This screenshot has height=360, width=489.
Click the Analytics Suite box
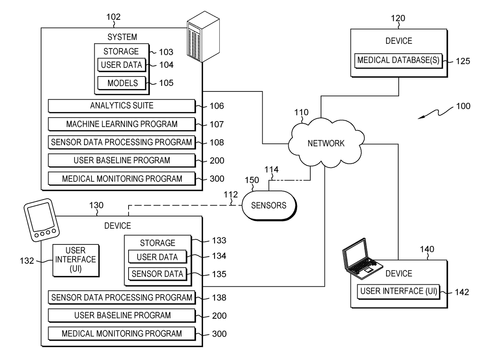point(122,106)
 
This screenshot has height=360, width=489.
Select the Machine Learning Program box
point(122,124)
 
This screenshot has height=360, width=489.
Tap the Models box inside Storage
point(122,83)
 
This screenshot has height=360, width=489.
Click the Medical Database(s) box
point(398,60)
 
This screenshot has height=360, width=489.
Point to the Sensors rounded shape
point(269,206)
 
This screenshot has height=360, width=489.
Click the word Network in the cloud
point(326,144)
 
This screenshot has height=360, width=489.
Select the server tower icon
point(203,37)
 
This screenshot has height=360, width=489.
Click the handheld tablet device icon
point(41,220)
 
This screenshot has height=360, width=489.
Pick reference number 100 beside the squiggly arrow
point(463,106)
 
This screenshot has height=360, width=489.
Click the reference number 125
point(463,61)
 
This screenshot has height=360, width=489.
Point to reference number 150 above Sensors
point(252,180)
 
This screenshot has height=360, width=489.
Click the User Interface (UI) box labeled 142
point(398,292)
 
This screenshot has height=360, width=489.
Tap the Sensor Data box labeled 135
point(158,274)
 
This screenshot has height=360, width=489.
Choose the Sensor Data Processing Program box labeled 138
point(122,297)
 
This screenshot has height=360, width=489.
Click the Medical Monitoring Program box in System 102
point(122,179)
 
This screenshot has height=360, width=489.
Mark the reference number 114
point(271,170)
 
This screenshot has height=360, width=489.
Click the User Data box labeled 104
point(122,65)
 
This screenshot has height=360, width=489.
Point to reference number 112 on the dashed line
point(231,194)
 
